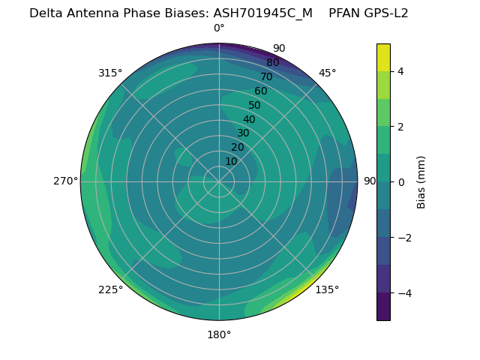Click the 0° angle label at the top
[x=219, y=28]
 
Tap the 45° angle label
[x=327, y=73]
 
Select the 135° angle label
[x=327, y=289]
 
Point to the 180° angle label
[x=219, y=334]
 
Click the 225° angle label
[x=110, y=289]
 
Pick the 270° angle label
[x=66, y=181]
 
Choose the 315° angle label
[x=110, y=73]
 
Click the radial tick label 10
[x=231, y=161]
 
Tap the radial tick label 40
[x=249, y=119]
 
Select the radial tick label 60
[x=260, y=91]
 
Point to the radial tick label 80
[x=272, y=62]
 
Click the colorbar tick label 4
[x=400, y=71]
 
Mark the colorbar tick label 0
[x=400, y=181]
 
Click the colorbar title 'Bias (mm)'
[x=421, y=181]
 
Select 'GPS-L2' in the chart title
[x=385, y=13]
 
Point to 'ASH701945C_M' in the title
[x=262, y=13]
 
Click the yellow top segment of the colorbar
[x=383, y=57]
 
